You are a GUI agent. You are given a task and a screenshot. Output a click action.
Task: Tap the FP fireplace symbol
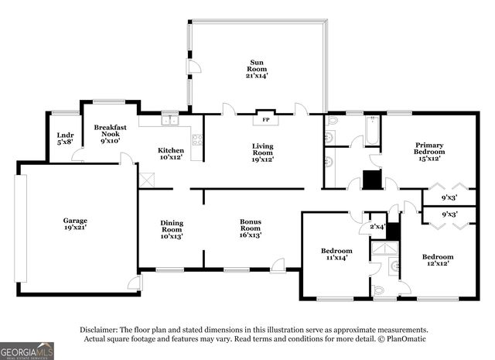pyautogui.click(x=265, y=120)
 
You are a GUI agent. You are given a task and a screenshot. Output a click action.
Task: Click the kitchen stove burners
pyautogui.click(x=197, y=140)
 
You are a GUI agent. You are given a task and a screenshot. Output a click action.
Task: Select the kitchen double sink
pyautogui.click(x=170, y=121)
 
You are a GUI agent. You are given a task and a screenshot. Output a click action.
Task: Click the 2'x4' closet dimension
pyautogui.click(x=377, y=226)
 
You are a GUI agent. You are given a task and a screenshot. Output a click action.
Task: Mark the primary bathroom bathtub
pyautogui.click(x=373, y=129)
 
